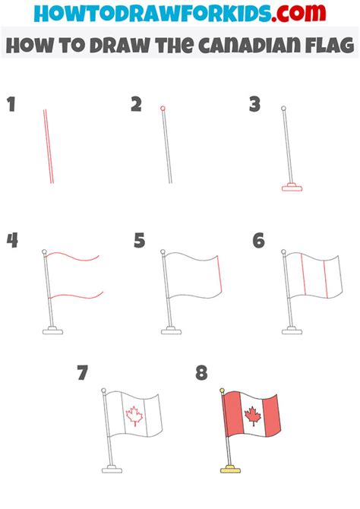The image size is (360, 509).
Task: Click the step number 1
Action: click(11, 104)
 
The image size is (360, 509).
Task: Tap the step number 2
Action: click(136, 104)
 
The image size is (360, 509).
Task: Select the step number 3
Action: click(255, 104)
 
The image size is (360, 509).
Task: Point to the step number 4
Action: click(12, 241)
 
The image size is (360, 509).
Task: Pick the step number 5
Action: click(139, 241)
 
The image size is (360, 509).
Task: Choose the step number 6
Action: click(258, 241)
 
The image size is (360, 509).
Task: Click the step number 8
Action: click(201, 372)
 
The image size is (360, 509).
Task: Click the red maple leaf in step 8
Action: click(252, 416)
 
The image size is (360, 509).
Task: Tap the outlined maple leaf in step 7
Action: click(134, 416)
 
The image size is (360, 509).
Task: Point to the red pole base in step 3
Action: click(292, 186)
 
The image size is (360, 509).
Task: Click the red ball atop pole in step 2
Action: click(163, 108)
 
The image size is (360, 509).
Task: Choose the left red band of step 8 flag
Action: click(232, 420)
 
